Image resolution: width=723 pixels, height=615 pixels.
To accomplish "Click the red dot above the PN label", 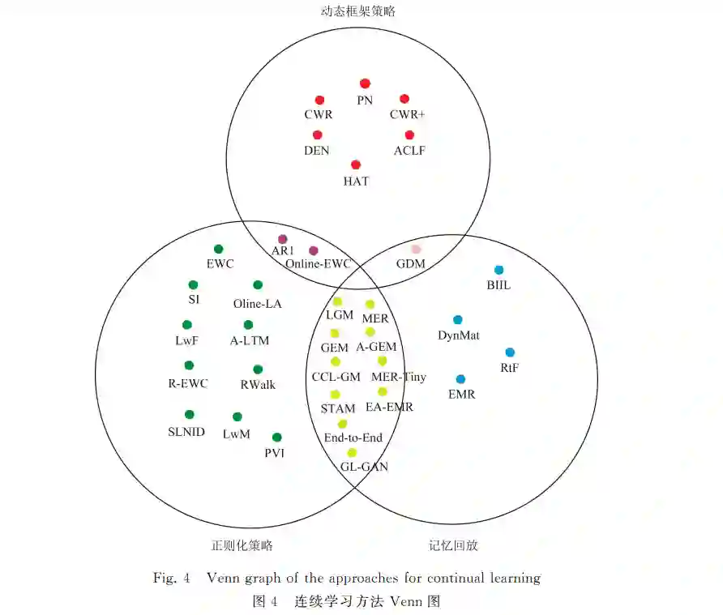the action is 365,83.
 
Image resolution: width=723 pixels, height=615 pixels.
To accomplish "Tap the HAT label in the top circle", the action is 356,182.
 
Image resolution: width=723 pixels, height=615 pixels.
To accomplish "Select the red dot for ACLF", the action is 409,135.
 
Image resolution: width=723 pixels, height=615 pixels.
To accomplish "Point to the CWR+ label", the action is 407,115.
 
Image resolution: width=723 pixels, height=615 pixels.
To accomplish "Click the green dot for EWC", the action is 218,249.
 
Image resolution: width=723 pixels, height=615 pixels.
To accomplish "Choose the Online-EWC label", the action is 318,264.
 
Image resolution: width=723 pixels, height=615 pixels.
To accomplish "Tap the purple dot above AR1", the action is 283,239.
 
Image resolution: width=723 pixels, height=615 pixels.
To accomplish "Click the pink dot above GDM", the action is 416,250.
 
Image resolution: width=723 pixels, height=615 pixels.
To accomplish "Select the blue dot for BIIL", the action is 499,270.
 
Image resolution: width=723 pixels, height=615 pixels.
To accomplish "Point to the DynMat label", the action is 458,335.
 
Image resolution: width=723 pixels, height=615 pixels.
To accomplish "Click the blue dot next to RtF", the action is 510,352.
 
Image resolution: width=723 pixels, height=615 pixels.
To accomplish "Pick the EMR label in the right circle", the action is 461,395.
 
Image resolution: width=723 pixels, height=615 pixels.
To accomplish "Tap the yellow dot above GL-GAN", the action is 352,452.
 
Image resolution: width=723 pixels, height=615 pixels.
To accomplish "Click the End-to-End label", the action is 353,438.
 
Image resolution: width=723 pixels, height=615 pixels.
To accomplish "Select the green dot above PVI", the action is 277,437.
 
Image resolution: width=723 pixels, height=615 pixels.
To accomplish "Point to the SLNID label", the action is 186,432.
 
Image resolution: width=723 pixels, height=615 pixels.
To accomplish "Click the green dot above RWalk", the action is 258,369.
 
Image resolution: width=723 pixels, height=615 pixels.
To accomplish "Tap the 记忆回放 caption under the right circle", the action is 453,545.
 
